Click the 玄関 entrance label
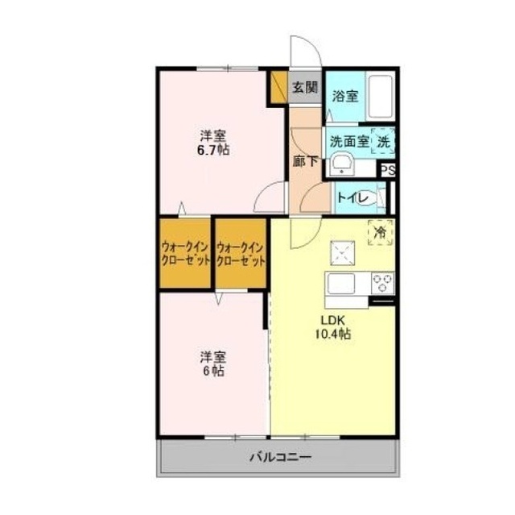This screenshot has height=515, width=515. (305, 88)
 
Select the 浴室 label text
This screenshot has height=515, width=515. (345, 96)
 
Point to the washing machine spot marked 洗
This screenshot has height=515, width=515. (383, 142)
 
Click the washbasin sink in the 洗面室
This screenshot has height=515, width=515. (341, 164)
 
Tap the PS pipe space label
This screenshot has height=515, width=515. (388, 171)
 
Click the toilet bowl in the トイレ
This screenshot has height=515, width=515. (365, 198)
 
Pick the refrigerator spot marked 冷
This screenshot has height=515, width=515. (381, 232)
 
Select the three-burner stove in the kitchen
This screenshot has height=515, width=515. (383, 283)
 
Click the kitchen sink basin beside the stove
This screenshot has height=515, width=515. (341, 284)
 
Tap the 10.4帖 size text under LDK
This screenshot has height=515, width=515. (333, 334)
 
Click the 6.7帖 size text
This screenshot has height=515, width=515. (213, 150)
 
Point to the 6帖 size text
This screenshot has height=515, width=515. (213, 371)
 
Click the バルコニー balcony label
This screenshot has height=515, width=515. (281, 457)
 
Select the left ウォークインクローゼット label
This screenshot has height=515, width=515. (186, 254)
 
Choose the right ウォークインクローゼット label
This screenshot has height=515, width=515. (241, 254)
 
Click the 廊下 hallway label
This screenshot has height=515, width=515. (306, 161)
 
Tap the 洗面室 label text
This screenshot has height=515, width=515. (349, 142)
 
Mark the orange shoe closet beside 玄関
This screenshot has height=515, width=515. (279, 86)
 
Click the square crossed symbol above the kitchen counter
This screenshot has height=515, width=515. (343, 253)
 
